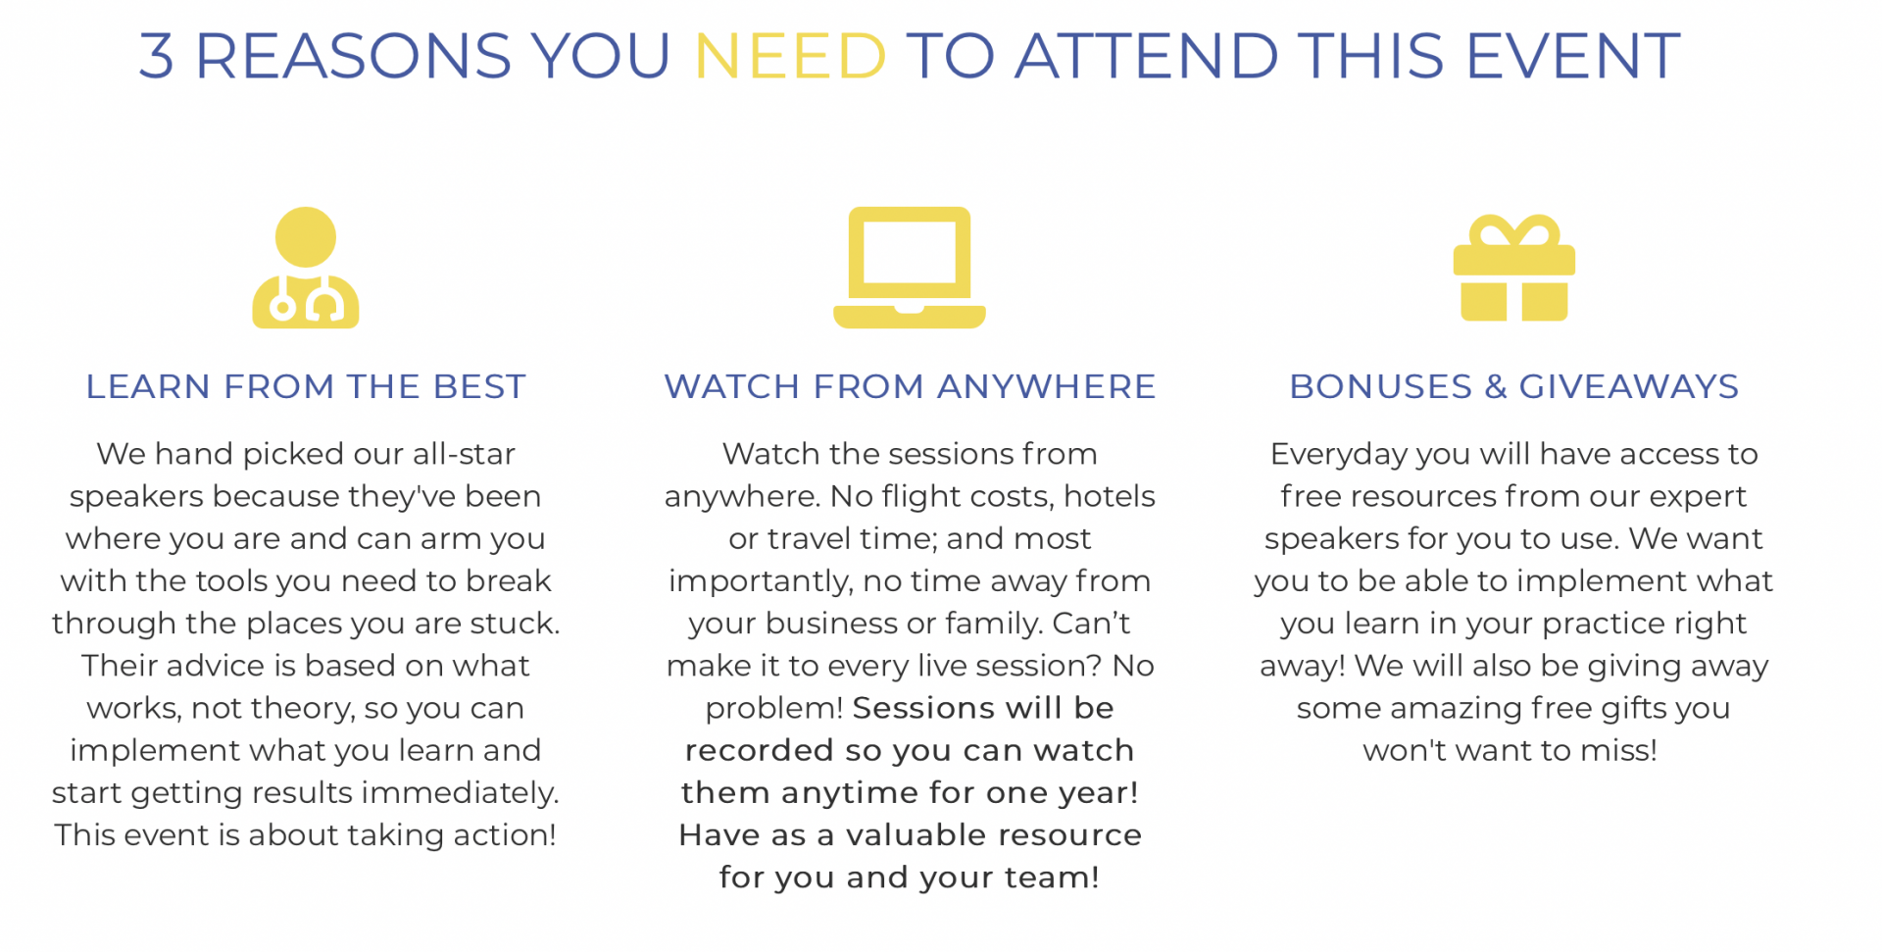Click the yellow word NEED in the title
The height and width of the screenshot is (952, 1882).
click(790, 56)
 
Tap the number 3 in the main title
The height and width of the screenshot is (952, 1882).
click(157, 56)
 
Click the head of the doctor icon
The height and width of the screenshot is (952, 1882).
click(306, 237)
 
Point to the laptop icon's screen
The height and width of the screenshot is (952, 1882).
click(910, 253)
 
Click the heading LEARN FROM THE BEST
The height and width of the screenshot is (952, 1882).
click(306, 386)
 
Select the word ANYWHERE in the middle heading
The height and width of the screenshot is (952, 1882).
click(1046, 386)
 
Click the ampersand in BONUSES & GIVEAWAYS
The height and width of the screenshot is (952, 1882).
click(1496, 386)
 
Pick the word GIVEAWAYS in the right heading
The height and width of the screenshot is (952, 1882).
click(1629, 386)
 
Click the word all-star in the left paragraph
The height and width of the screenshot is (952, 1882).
click(464, 454)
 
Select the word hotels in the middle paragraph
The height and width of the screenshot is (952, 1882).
click(1110, 496)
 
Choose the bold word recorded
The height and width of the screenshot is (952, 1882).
click(760, 751)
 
